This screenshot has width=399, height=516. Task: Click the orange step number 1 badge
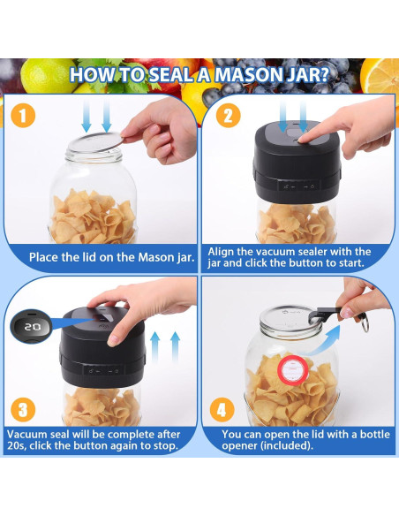coord(23,115)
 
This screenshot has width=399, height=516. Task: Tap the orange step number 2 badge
coord(228,115)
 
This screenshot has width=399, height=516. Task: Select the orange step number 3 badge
coord(23,410)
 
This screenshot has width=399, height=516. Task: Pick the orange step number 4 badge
coord(222,410)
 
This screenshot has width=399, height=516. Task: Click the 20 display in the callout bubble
coord(32,327)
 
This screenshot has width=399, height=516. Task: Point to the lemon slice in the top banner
coord(380,77)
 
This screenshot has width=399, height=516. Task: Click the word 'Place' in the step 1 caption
coord(44,257)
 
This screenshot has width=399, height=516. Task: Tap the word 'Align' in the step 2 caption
coord(221,252)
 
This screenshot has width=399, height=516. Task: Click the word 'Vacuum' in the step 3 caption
coord(27,434)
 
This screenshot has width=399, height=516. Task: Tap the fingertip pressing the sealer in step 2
coord(303,140)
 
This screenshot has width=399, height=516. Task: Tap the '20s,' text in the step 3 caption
coord(17,446)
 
